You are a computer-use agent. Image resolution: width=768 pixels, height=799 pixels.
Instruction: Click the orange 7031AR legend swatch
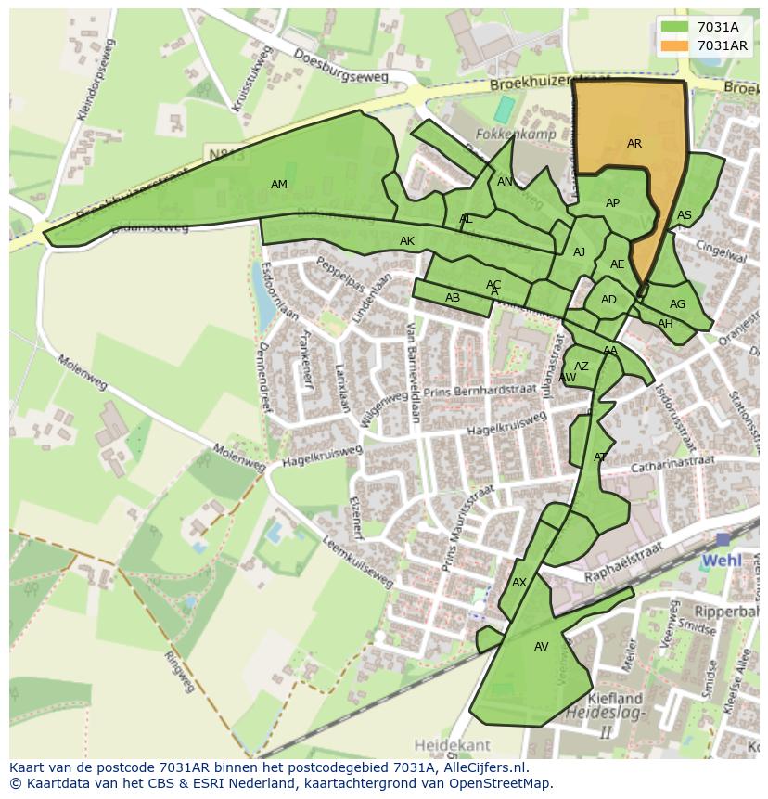(x=676, y=45)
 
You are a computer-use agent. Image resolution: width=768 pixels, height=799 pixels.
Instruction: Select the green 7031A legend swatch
(x=676, y=27)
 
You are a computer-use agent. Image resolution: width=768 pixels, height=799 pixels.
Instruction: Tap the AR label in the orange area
(x=634, y=144)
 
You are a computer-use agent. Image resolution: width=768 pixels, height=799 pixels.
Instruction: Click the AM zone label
(x=279, y=185)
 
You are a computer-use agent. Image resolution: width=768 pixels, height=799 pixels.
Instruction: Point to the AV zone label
(x=542, y=647)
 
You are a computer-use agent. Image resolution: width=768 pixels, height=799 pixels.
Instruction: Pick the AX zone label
(x=519, y=583)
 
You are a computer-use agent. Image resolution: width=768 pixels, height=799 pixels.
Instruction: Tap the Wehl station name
(x=722, y=561)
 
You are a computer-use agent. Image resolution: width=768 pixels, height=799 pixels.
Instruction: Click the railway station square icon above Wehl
(x=723, y=539)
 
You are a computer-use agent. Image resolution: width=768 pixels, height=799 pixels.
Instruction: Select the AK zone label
(x=407, y=241)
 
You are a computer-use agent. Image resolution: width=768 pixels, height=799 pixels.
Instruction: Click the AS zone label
(x=685, y=215)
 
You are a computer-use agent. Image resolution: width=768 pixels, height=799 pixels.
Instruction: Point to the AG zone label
(x=678, y=304)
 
